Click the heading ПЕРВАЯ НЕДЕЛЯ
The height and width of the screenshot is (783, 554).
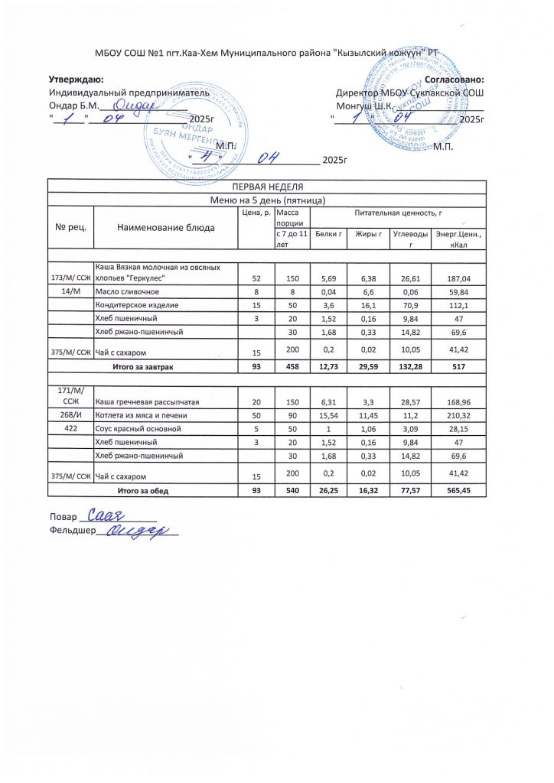267,187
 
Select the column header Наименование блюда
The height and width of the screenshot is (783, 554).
165,227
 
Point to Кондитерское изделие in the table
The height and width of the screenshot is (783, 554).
136,305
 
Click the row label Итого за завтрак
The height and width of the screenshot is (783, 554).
143,368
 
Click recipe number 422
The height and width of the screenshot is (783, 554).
70,429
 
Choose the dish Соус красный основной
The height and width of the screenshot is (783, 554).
137,429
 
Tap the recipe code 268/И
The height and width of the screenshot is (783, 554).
70,415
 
